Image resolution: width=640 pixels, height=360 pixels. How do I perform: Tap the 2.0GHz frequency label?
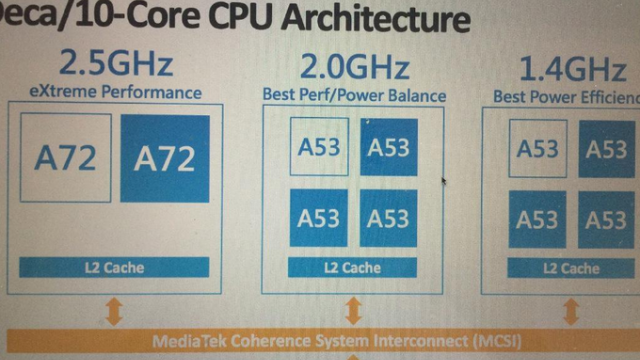pos(355,68)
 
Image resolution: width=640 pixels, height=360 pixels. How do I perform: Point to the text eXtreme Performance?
pos(115,93)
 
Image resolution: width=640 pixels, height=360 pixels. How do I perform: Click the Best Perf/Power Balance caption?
pos(354,95)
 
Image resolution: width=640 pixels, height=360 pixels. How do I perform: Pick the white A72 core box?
pos(65,158)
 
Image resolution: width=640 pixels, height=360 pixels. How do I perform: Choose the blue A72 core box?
pos(164,158)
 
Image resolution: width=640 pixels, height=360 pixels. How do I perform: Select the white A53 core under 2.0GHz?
pos(320,147)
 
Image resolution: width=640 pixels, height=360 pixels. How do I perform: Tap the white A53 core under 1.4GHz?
pos(537,149)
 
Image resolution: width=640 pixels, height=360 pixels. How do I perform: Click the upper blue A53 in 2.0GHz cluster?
pos(389,147)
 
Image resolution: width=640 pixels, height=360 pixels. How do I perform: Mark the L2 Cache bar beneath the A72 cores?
pos(115,267)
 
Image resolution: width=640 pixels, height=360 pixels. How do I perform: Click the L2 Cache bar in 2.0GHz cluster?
pos(352,267)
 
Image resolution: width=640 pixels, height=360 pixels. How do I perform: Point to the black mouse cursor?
pos(443,182)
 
